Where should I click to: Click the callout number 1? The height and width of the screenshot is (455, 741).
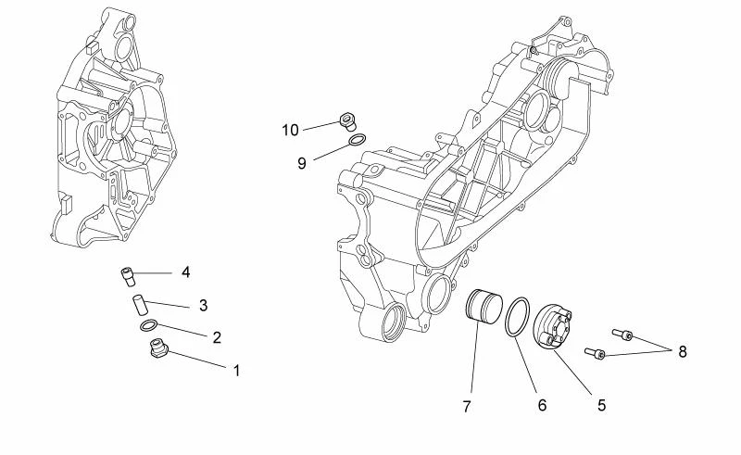236,371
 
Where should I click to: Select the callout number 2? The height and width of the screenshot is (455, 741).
217,338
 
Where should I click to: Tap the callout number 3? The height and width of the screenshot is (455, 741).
202,305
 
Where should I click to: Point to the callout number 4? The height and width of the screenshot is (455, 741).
185,272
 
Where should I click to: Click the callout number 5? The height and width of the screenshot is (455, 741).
601,404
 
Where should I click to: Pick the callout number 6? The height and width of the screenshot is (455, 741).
542,405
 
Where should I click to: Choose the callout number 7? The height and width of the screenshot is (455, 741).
468,405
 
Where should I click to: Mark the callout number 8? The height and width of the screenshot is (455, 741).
682,352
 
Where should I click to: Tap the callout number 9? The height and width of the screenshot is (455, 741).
301,163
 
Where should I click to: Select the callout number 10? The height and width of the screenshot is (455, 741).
291,130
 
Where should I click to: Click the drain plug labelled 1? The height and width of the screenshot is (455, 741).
157,350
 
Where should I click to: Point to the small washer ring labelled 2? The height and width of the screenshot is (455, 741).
147,325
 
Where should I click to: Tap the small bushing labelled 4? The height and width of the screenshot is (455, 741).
128,274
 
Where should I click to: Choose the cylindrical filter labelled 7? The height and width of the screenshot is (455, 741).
483,308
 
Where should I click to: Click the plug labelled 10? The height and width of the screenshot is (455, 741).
347,119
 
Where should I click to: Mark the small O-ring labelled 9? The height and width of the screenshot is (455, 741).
357,140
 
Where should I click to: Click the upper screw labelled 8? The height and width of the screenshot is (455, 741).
622,334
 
